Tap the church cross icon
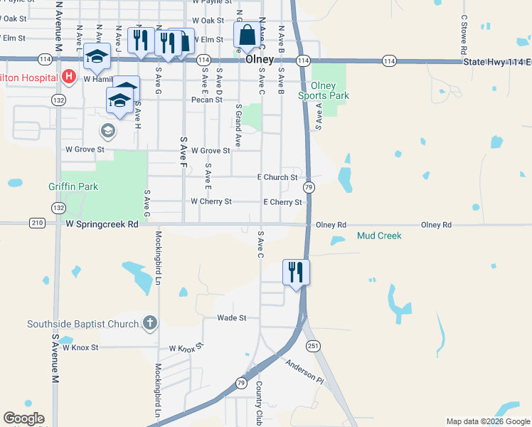click(x=149, y=324)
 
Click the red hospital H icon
click(x=69, y=76)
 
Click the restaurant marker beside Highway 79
click(x=295, y=271)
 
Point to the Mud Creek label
click(x=379, y=236)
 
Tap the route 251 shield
click(x=314, y=345)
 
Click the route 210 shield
click(x=38, y=223)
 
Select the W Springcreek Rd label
click(x=102, y=223)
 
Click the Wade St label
click(x=231, y=318)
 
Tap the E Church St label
click(x=277, y=177)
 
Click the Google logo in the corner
click(x=23, y=418)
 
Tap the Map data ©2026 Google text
click(x=488, y=421)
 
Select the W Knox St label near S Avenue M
click(x=80, y=347)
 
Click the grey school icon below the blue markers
click(x=108, y=130)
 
